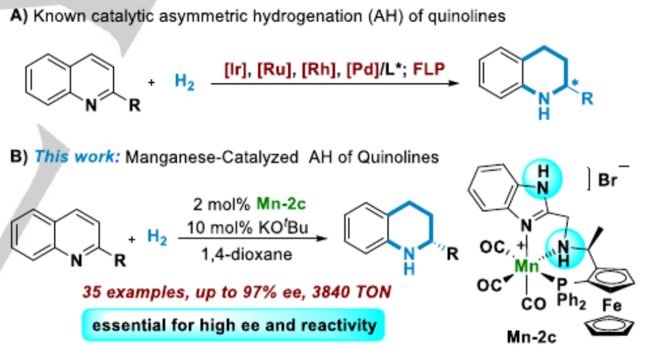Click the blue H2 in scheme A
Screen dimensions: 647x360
point(184,82)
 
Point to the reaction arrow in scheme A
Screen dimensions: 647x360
point(334,84)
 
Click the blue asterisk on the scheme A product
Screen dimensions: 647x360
point(575,84)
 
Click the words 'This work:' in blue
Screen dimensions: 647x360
point(77,157)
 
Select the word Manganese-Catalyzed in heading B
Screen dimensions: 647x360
point(212,157)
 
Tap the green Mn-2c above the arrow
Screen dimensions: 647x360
point(281,204)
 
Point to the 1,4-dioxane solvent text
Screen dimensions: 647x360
point(247,254)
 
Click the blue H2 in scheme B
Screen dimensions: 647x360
point(157,238)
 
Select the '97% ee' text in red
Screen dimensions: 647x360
point(281,292)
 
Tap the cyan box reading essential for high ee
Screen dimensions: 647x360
point(234,325)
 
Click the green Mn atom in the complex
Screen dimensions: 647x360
point(527,266)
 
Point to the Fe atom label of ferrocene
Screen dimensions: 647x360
point(612,306)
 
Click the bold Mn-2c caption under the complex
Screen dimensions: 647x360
point(531,337)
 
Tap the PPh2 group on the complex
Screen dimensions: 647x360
point(571,294)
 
